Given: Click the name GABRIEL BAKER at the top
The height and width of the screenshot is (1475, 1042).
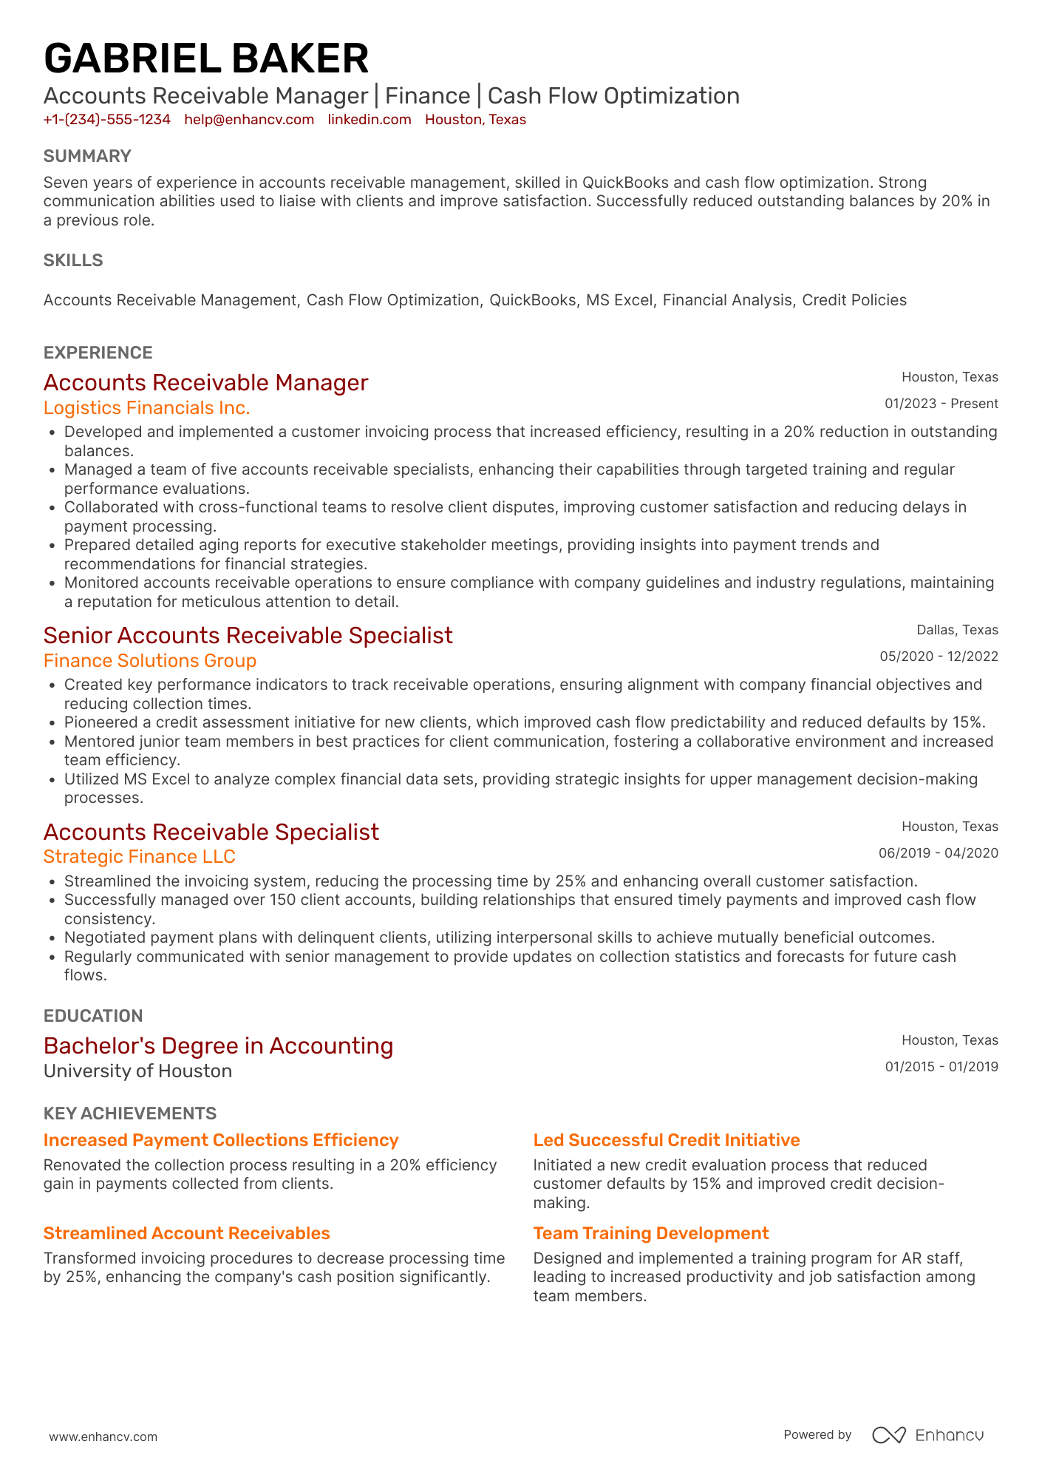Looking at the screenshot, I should [x=206, y=59].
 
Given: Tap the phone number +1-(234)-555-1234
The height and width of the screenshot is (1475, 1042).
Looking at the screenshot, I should [x=107, y=120].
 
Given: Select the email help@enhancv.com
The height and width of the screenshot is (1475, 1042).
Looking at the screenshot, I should [x=249, y=120].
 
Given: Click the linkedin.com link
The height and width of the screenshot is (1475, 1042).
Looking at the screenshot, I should [x=370, y=120].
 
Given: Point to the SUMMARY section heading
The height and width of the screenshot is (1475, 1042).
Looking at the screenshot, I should [x=87, y=156].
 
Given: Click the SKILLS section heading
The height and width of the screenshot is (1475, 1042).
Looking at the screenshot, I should [x=73, y=260].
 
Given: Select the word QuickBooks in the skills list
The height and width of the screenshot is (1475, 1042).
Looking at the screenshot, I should [x=532, y=300].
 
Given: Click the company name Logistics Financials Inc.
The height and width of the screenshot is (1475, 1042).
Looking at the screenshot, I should [x=146, y=408].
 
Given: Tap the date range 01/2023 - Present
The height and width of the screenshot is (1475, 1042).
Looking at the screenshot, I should [x=941, y=404].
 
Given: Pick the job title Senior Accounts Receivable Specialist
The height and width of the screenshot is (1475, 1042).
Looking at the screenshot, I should [x=248, y=636].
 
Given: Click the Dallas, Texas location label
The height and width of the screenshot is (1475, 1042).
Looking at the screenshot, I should [x=957, y=630].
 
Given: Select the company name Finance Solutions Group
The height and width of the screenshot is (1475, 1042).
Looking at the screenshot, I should [x=150, y=661].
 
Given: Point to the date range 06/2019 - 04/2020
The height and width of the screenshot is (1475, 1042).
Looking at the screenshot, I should [x=938, y=853].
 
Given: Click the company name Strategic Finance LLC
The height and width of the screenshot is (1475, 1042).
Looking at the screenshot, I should [x=139, y=857].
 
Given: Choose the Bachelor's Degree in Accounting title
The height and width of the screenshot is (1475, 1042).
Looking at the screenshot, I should [x=218, y=1046].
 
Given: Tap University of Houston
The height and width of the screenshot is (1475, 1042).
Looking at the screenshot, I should [x=137, y=1071].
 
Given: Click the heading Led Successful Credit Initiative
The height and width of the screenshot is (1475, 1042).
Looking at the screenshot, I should [x=666, y=1140].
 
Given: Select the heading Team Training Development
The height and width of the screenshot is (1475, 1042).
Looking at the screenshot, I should [x=650, y=1233].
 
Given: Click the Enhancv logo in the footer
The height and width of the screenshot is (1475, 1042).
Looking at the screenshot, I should [x=927, y=1435].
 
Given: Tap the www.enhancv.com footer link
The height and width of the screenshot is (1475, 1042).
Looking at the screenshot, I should [x=103, y=1437].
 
